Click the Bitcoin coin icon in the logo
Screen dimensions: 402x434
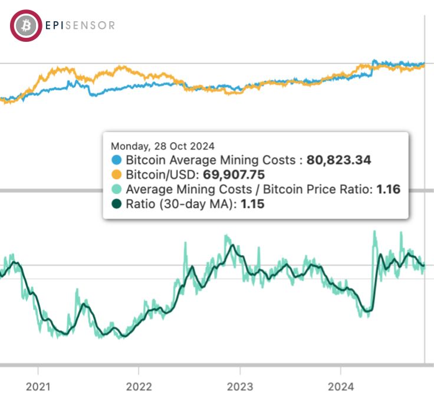point(25,25)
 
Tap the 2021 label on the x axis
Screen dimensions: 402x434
point(38,387)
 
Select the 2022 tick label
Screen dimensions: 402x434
point(139,387)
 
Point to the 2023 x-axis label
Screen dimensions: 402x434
point(240,387)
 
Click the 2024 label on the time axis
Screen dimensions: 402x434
point(341,387)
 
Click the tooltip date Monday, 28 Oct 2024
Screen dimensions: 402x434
point(163,146)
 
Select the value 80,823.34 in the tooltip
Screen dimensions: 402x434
point(338,160)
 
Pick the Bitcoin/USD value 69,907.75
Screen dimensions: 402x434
point(234,175)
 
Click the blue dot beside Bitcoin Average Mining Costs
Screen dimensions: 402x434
point(117,160)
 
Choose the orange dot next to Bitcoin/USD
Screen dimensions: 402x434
point(117,175)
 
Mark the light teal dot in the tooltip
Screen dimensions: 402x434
point(117,190)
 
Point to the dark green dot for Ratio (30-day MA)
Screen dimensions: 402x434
point(117,205)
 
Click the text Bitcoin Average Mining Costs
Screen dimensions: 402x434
point(210,160)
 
